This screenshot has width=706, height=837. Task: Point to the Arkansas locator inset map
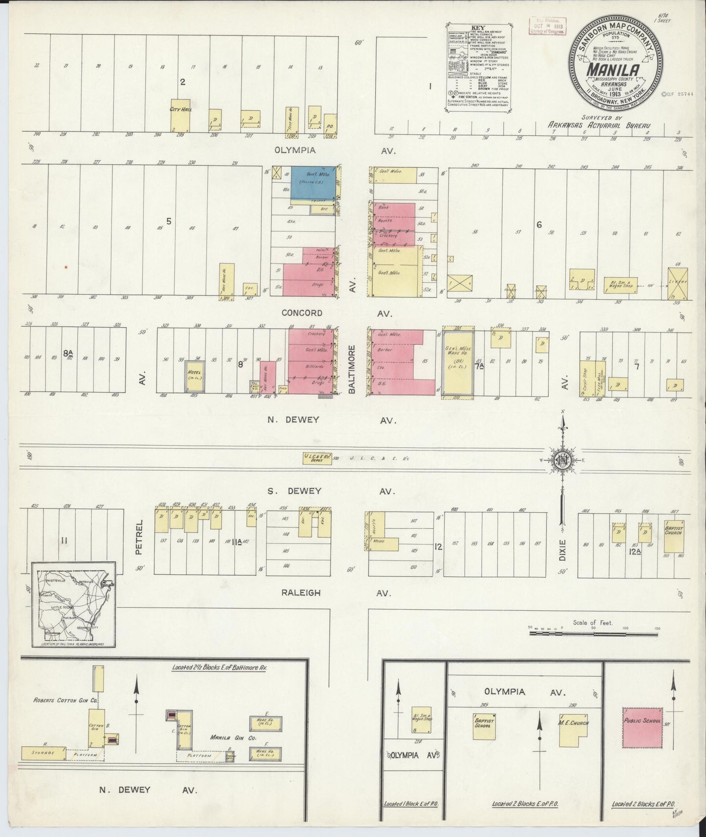click(74, 604)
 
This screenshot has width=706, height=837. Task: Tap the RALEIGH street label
click(300, 593)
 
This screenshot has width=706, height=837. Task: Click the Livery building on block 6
click(677, 283)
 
